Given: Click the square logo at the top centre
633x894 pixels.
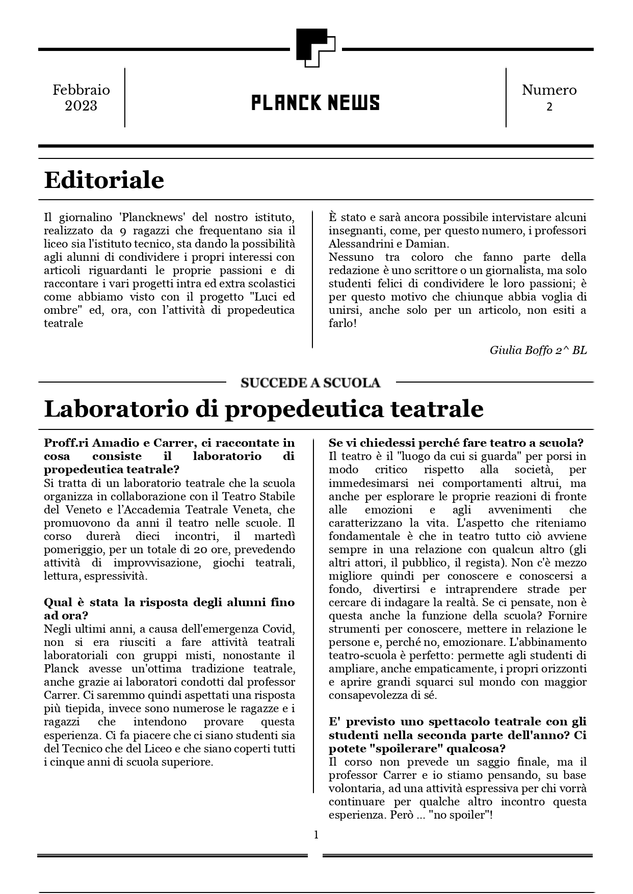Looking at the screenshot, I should click(315, 48).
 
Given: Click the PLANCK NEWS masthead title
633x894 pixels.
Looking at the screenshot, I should click(315, 103).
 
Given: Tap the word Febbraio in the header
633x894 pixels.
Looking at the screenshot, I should click(81, 90).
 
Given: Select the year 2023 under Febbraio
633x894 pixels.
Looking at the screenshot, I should click(81, 106).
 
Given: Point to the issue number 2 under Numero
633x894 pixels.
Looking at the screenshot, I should click(549, 107).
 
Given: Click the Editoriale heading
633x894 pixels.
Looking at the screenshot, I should click(104, 180).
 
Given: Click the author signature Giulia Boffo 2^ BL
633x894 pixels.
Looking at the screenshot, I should click(538, 350).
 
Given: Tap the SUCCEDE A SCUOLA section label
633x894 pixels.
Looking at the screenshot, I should click(310, 383).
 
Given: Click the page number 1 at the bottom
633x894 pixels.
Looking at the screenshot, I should click(316, 834).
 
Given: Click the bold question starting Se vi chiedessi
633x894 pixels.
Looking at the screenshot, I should click(456, 443).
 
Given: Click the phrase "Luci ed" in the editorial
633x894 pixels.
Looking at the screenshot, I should click(273, 296).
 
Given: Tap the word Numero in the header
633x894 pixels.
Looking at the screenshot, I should click(549, 90).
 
